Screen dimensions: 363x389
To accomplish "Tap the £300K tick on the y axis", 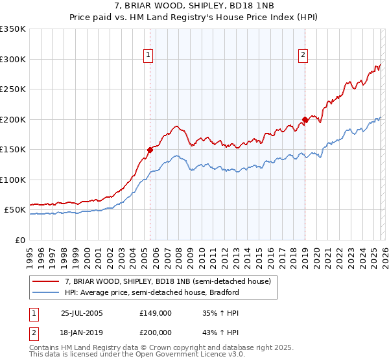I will [x=13, y=59].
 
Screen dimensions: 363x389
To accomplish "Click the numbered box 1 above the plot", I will [x=149, y=56].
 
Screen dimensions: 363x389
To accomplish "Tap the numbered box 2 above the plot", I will [x=303, y=56].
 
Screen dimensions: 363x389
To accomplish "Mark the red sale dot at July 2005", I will [x=150, y=150].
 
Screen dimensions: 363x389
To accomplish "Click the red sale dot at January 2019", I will [x=305, y=119].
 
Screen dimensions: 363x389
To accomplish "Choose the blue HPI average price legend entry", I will [x=152, y=292].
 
